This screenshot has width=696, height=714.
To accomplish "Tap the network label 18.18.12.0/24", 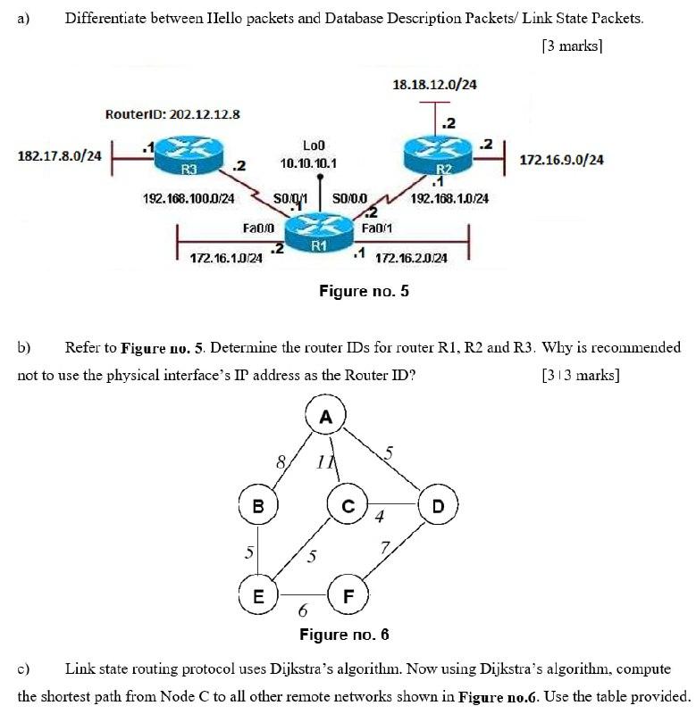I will click(434, 85).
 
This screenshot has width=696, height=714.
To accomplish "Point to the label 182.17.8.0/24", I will click(60, 155).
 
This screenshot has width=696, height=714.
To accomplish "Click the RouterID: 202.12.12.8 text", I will click(172, 114).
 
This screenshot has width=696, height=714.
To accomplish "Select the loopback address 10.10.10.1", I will click(307, 164).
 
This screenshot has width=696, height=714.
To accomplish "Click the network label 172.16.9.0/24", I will click(561, 160).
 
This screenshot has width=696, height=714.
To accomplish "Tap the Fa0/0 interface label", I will click(257, 228).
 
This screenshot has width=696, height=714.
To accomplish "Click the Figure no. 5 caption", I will click(364, 290).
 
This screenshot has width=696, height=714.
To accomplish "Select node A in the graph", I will click(325, 413).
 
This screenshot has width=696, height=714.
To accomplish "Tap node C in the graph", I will click(348, 506).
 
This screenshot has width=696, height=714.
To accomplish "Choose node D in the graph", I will click(437, 506).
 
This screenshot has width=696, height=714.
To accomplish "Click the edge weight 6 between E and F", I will click(303, 612).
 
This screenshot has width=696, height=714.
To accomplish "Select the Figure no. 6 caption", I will click(344, 635).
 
